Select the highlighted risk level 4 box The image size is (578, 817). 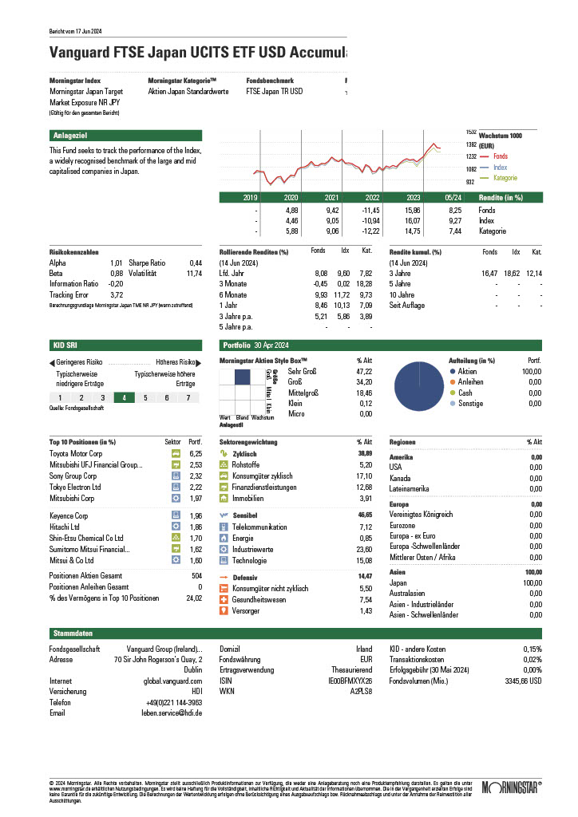point(124,397)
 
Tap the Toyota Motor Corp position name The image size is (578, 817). point(76,453)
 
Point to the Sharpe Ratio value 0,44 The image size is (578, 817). point(196,262)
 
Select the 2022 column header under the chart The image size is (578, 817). point(372,197)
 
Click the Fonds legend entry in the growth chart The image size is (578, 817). point(500,156)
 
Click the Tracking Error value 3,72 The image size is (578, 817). point(116,294)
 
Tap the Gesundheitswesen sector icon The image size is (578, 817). point(224,600)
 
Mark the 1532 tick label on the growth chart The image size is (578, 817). point(471,132)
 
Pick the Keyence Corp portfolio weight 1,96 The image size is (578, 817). point(195,516)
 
